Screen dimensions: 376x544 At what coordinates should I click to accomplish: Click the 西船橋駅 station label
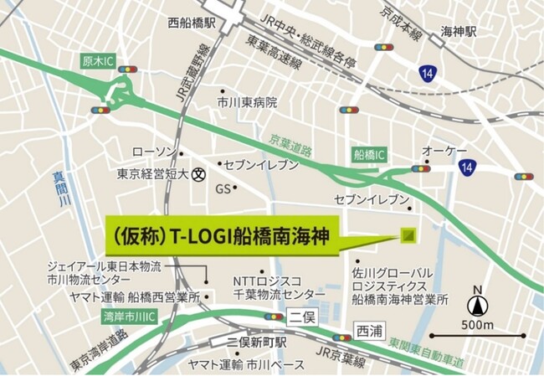point(192,23)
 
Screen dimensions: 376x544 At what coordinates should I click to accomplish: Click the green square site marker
point(408,235)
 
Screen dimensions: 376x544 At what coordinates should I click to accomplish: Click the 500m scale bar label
point(478,325)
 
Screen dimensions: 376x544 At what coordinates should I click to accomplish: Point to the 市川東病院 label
point(247,102)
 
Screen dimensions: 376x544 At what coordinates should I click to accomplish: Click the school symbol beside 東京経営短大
point(198,174)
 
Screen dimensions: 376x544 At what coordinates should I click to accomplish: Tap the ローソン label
point(156,152)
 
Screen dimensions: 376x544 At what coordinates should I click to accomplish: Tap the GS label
point(223,189)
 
